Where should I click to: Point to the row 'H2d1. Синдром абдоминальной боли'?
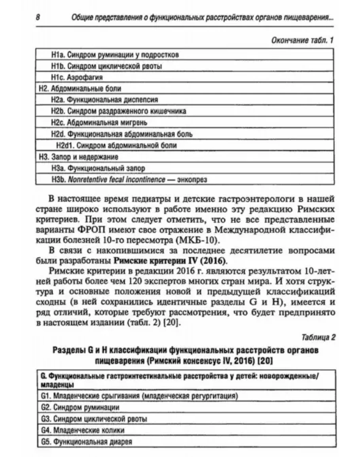pos(116,146)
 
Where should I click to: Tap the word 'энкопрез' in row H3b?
pos(192,180)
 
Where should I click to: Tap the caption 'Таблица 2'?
pos(318,338)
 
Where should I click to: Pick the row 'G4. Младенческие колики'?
pos(83,430)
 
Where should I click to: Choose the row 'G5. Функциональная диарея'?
pos(86,441)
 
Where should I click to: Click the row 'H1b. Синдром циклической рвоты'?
pos(106,66)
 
